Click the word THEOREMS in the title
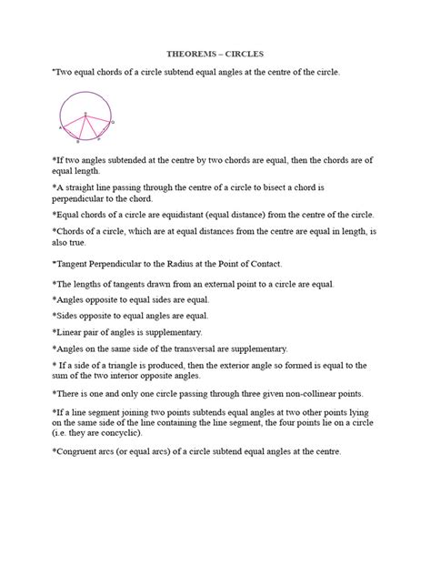[187, 54]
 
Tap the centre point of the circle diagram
[85, 115]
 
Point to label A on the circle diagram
[60, 129]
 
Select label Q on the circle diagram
[112, 121]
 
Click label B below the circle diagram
[78, 142]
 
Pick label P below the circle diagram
[98, 138]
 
